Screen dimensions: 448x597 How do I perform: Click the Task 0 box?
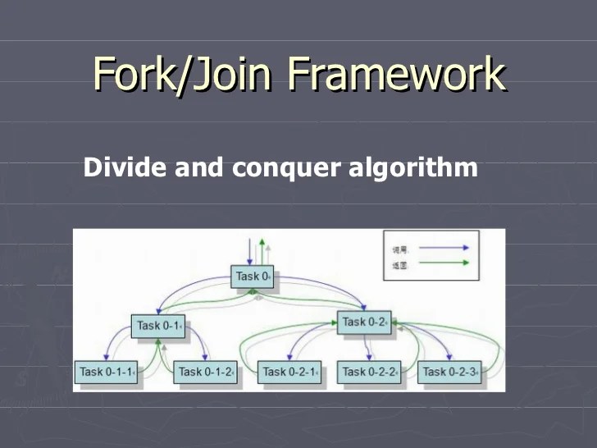pyautogui.click(x=253, y=277)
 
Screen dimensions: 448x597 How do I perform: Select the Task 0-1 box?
pyautogui.click(x=158, y=326)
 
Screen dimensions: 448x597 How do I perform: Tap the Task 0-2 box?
pyautogui.click(x=365, y=322)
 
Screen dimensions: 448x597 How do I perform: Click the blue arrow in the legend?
pyautogui.click(x=443, y=246)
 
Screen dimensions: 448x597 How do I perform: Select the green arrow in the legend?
pyautogui.click(x=443, y=263)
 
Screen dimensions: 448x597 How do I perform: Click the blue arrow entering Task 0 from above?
pyautogui.click(x=249, y=250)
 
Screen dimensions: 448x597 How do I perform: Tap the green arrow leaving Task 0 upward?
pyautogui.click(x=262, y=250)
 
